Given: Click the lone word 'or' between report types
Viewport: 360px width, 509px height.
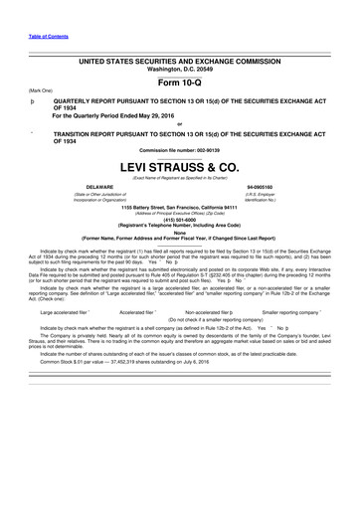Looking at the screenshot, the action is tap(180, 123).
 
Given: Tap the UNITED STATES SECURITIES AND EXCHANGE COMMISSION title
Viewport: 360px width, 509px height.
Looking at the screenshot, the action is tap(179, 61).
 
